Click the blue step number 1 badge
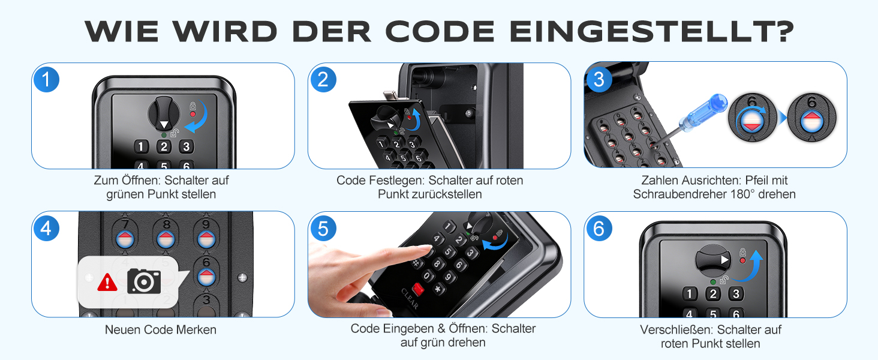(x=46, y=79)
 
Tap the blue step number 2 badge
(x=323, y=79)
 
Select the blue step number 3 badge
(x=599, y=79)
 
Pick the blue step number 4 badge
(x=46, y=228)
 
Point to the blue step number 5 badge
(x=323, y=228)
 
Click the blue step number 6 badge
(x=599, y=228)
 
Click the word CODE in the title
(x=440, y=31)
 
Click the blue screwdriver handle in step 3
(x=702, y=112)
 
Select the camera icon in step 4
(x=145, y=281)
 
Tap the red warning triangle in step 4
(x=107, y=283)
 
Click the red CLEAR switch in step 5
(x=418, y=290)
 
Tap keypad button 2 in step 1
(x=164, y=146)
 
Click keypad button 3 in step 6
(x=736, y=294)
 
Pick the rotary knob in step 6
(x=713, y=260)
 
